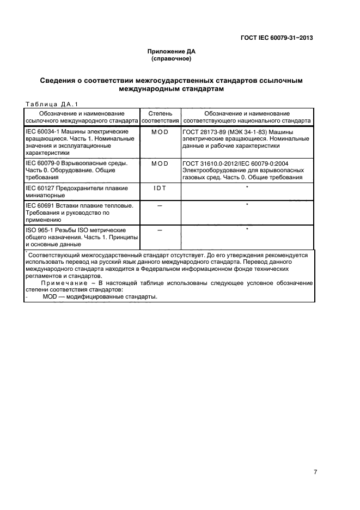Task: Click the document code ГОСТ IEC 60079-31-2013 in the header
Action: [276, 38]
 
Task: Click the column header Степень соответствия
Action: [160, 117]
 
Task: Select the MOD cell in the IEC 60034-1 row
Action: [160, 132]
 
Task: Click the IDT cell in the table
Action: [160, 188]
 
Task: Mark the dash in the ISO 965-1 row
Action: [160, 230]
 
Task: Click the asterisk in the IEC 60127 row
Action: [247, 187]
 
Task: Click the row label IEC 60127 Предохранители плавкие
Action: [77, 188]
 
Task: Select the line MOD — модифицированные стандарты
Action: [100, 297]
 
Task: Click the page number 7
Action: [315, 472]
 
